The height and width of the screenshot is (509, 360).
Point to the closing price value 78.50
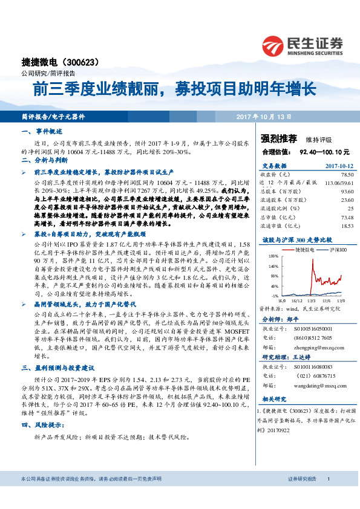coord(344,174)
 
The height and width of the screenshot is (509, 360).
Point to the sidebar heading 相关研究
coord(275,398)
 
